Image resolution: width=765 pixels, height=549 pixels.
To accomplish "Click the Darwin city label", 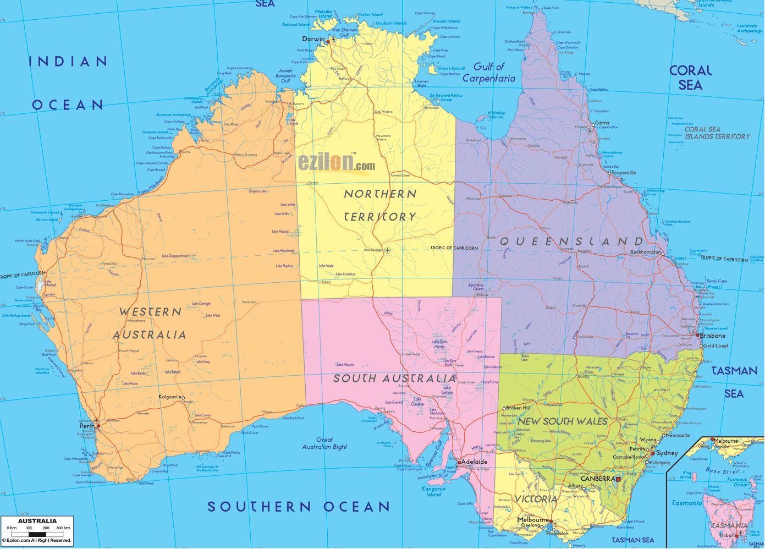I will [313, 39].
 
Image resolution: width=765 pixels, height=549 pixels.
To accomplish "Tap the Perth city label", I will [86, 426].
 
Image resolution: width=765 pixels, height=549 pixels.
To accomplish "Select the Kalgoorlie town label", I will [169, 397].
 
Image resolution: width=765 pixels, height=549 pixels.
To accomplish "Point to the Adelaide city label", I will [474, 462].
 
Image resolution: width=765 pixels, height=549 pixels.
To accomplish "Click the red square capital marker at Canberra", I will [618, 479].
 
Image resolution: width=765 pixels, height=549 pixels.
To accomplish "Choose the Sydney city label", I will [667, 453].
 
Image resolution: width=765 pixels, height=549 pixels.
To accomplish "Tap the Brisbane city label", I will [712, 336].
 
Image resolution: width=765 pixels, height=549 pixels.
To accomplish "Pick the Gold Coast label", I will [716, 346].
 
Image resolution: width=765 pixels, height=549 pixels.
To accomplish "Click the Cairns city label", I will [602, 123].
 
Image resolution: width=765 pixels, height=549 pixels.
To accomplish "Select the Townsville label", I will [624, 173].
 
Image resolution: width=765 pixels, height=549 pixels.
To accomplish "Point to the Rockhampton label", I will [645, 252].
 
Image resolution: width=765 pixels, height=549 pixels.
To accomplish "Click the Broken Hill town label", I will [518, 408].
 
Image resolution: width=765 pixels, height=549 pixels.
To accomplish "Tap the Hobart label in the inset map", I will [727, 535].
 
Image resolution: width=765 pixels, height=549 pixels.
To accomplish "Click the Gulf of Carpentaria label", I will [489, 73].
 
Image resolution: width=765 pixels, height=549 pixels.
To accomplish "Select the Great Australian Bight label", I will [324, 443].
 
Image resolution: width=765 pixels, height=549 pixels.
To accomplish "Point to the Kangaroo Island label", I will [433, 491].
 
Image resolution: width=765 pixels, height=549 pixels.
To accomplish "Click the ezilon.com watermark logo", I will [337, 163].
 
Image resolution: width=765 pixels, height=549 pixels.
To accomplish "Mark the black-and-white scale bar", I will [37, 534].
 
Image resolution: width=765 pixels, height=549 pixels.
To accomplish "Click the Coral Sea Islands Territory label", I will [717, 133].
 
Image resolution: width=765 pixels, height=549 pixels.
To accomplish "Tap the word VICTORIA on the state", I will [536, 499].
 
